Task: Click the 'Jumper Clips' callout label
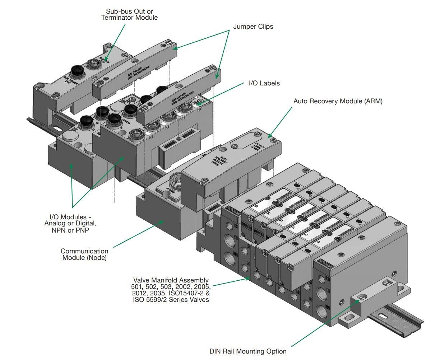point(253,27)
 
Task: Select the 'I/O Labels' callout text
point(264,83)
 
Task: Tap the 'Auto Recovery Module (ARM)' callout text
point(338,101)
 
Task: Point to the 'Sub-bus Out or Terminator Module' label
point(129,14)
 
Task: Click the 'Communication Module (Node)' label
point(84,254)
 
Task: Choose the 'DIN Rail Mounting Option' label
point(248,351)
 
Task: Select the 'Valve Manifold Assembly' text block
point(171,289)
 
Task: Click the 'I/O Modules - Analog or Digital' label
point(73,223)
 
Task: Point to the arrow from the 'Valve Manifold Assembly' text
point(230,281)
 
